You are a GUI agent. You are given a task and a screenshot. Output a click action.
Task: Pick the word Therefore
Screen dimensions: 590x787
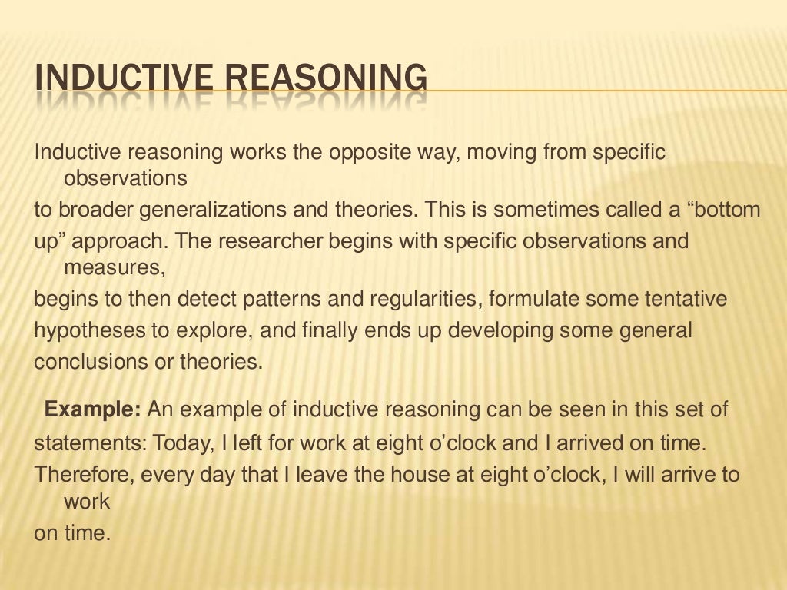[84, 474]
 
